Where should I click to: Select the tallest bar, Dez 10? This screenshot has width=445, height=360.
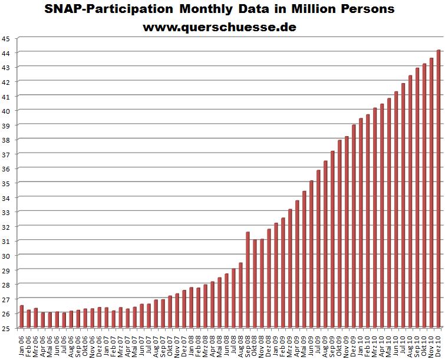[439, 189]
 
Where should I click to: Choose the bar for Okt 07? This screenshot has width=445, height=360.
[170, 312]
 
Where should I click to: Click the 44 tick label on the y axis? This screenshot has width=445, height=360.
[6, 52]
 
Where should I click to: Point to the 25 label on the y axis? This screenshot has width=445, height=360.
[6, 328]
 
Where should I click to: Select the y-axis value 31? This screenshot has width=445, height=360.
[6, 241]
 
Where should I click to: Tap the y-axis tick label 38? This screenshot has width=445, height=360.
[6, 140]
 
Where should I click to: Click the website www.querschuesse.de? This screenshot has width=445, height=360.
[220, 27]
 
